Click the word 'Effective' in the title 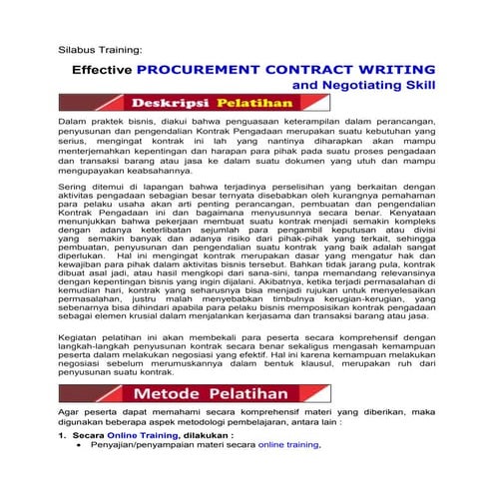[x=101, y=71]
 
